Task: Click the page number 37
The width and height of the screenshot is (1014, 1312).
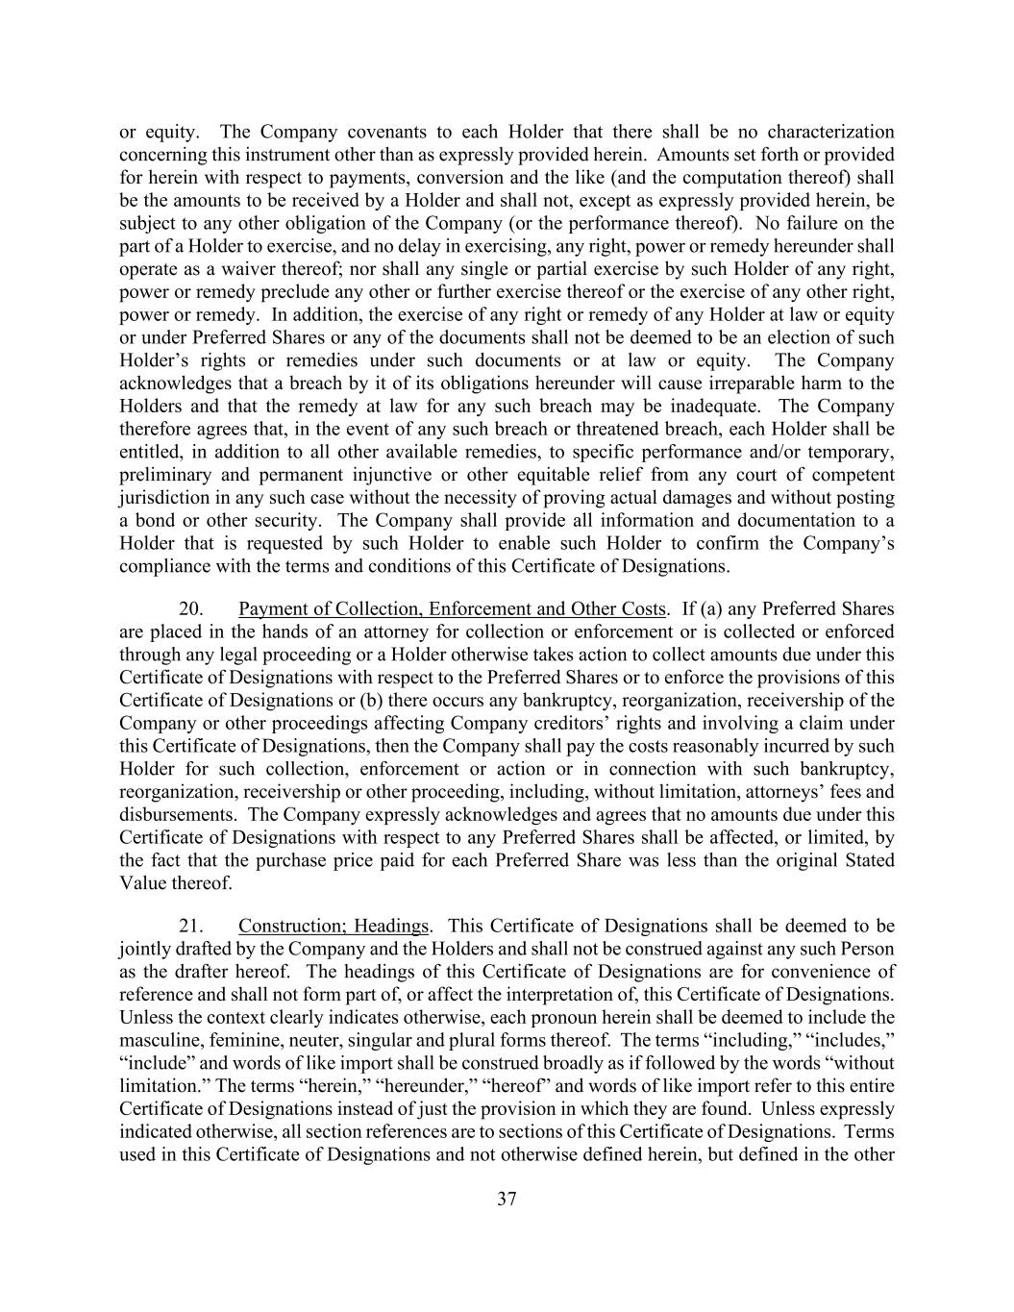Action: coord(507,1199)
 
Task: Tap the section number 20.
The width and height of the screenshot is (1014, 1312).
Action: coord(191,608)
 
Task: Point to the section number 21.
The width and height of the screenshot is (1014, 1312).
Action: coord(191,926)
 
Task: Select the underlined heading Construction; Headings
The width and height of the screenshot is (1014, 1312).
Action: coord(334,926)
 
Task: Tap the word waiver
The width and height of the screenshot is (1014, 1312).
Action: coord(230,269)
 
